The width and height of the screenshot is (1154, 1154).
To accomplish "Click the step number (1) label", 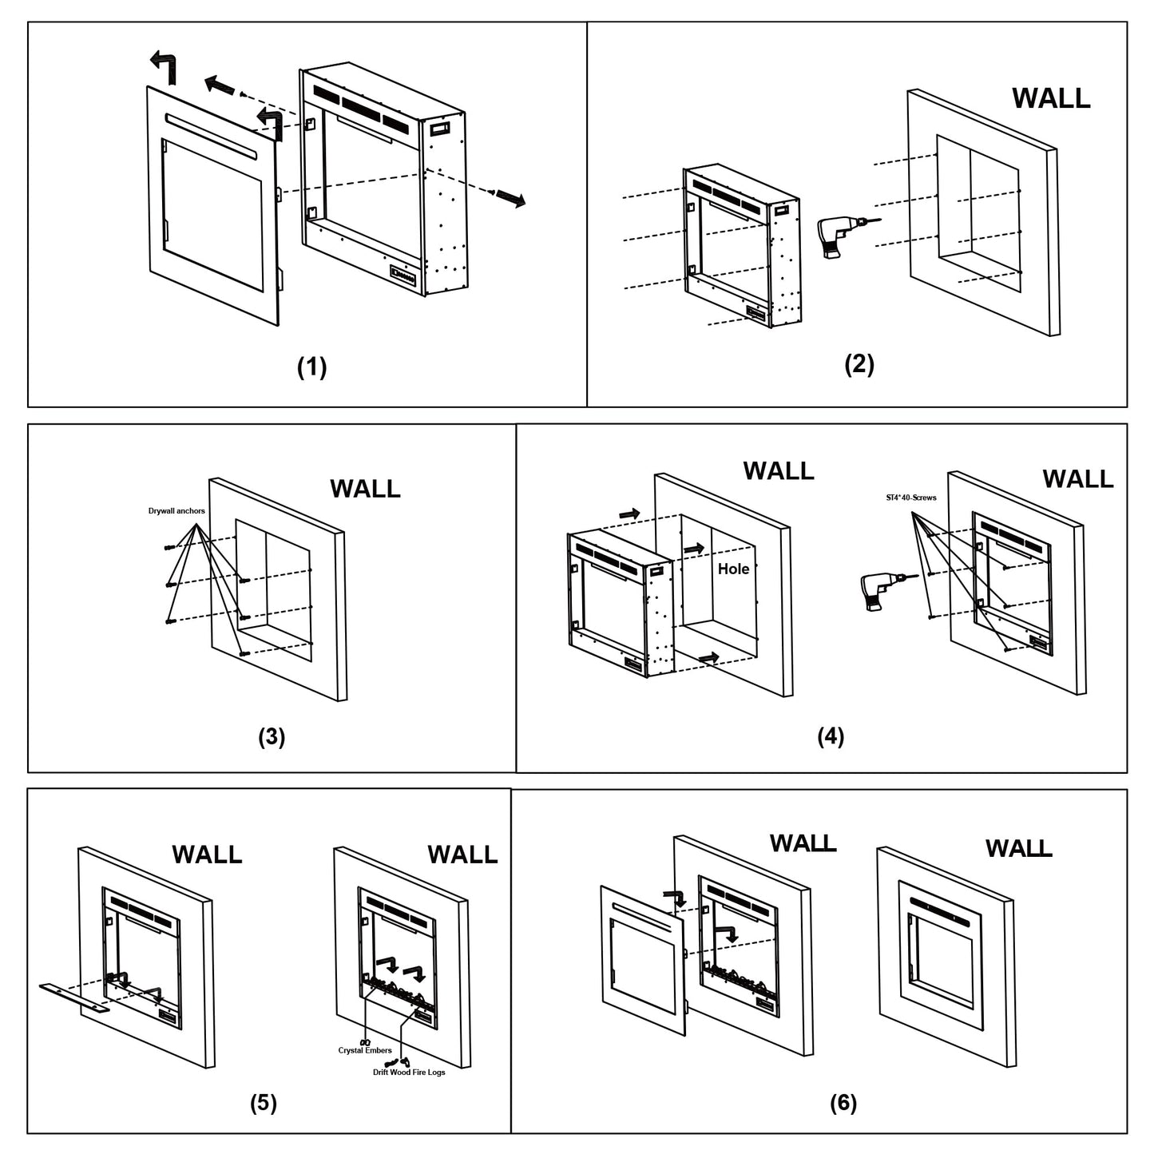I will pyautogui.click(x=311, y=367).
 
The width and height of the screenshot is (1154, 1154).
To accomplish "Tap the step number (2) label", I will pyautogui.click(x=859, y=363).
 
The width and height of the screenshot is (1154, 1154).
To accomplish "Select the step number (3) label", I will pyautogui.click(x=271, y=736).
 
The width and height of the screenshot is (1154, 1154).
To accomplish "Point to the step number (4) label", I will pyautogui.click(x=831, y=736).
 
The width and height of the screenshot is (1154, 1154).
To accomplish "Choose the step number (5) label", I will pyautogui.click(x=263, y=1103).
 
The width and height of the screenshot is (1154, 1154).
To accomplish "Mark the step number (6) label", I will pyautogui.click(x=843, y=1103).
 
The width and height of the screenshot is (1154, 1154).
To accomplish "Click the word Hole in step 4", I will pyautogui.click(x=733, y=569).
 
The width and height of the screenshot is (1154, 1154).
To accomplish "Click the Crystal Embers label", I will pyautogui.click(x=365, y=1050).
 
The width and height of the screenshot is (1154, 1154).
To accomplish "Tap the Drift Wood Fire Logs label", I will pyautogui.click(x=409, y=1072).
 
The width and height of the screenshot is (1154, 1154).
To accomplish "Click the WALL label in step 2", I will pyautogui.click(x=1051, y=98).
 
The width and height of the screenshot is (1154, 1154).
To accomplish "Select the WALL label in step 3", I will pyautogui.click(x=365, y=488).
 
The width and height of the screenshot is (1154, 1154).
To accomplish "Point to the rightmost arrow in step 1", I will pyautogui.click(x=510, y=199).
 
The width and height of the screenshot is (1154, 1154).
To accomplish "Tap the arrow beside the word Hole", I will pyautogui.click(x=692, y=549).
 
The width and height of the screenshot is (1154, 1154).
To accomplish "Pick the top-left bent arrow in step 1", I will pyautogui.click(x=165, y=64).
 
